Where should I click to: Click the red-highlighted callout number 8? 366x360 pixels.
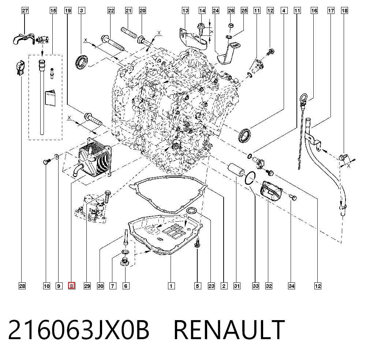click(x=71, y=286)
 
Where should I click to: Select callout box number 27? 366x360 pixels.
click(x=25, y=11)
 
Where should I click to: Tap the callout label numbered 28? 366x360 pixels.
click(x=22, y=286)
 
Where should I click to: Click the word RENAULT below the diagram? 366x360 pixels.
click(x=229, y=330)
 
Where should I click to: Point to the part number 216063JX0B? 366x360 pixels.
click(x=79, y=330)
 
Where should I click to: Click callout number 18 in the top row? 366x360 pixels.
click(x=344, y=11)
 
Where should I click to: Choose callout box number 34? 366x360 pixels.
click(x=291, y=286)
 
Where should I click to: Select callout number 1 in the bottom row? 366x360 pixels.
click(x=171, y=286)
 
